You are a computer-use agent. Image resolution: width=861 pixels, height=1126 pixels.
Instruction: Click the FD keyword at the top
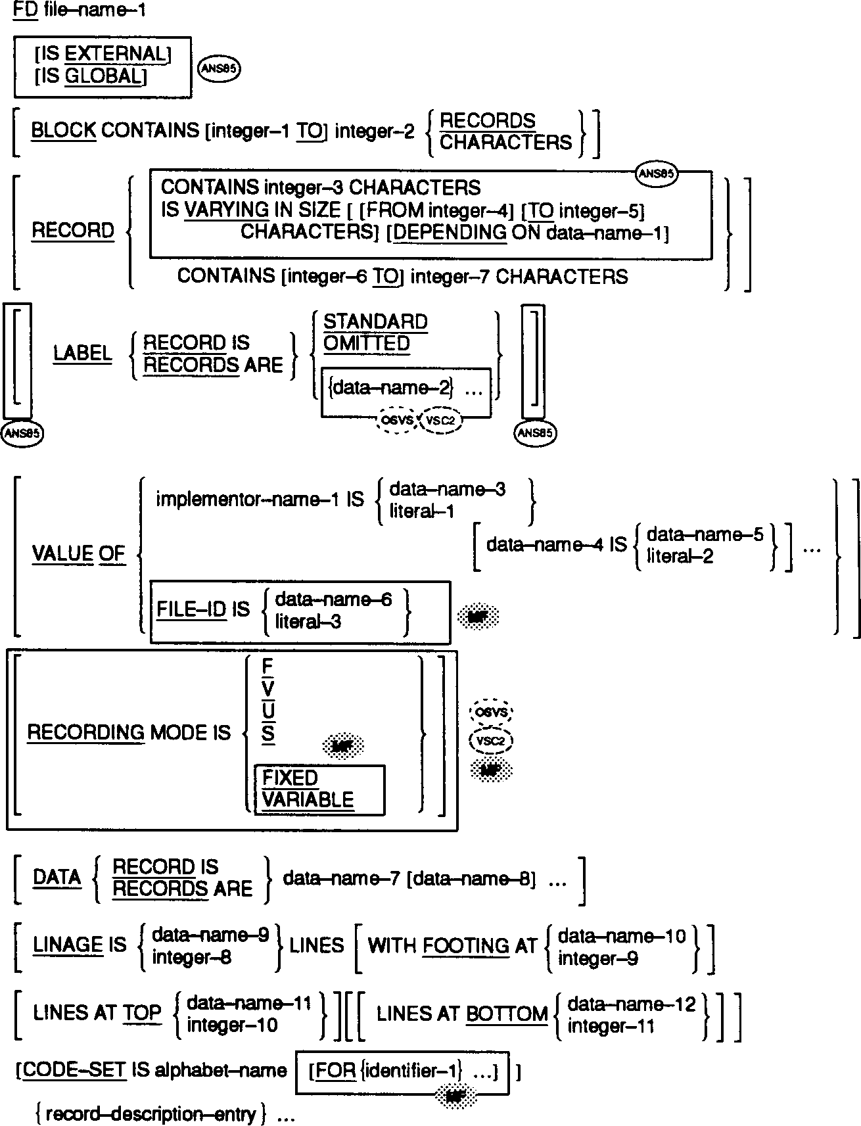click(25, 11)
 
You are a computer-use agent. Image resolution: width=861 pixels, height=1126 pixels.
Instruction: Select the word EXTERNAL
click(116, 54)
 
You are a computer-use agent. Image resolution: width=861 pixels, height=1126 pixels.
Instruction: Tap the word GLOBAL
click(104, 77)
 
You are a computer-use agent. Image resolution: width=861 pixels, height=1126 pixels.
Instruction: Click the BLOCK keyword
click(64, 131)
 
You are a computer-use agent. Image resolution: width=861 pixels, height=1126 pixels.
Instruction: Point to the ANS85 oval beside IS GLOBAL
click(218, 70)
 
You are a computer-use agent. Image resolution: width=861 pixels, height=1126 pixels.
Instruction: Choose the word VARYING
click(227, 211)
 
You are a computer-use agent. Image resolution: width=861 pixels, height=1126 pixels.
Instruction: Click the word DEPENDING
click(448, 233)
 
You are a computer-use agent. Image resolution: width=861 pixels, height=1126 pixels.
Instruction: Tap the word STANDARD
click(375, 322)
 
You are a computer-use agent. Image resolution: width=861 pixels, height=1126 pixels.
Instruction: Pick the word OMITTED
click(366, 344)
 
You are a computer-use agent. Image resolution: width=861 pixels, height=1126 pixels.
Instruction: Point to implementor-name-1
click(248, 500)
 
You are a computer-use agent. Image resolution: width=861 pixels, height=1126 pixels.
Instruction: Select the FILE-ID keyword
click(191, 610)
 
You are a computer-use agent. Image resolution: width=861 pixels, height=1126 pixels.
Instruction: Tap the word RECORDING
click(85, 733)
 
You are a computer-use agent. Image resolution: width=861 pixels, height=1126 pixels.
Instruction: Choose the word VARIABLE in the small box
click(308, 800)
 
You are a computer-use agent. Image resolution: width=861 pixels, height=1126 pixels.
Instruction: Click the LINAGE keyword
click(68, 946)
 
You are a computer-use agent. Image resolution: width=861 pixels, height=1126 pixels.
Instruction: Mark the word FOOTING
click(465, 947)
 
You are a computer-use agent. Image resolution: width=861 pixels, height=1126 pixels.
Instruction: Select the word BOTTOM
click(507, 1014)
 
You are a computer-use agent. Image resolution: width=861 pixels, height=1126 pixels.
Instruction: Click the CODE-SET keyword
click(74, 1071)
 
